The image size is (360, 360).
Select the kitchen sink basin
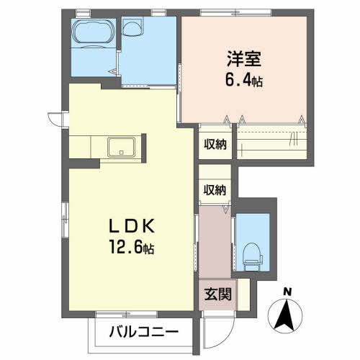[x=122, y=147]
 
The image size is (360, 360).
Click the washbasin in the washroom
[x=131, y=27]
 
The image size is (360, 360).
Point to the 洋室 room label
[x=244, y=59]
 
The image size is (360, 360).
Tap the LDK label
[x=132, y=227]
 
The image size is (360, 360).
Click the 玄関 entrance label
[x=218, y=294]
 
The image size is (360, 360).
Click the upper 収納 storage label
[x=215, y=145]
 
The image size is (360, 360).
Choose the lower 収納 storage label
[x=215, y=190]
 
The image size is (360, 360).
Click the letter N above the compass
[x=287, y=292]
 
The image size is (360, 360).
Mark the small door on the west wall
[x=58, y=119]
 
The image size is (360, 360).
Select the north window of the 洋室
[x=236, y=12]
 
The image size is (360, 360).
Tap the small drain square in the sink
[x=122, y=152]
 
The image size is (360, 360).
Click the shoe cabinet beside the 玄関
[x=243, y=294]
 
